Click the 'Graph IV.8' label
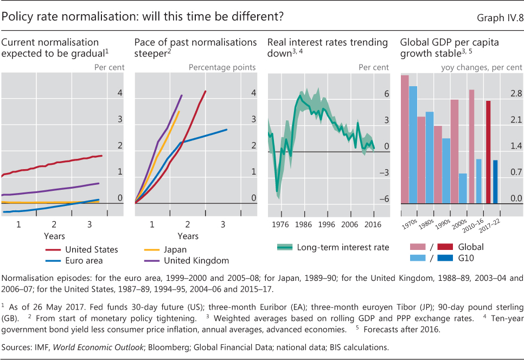pos(499,18)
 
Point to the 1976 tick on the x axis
pos(280,223)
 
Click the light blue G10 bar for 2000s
pos(463,188)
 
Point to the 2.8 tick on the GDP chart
pos(515,94)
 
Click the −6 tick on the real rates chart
pos(384,199)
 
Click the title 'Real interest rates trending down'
pos(327,48)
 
